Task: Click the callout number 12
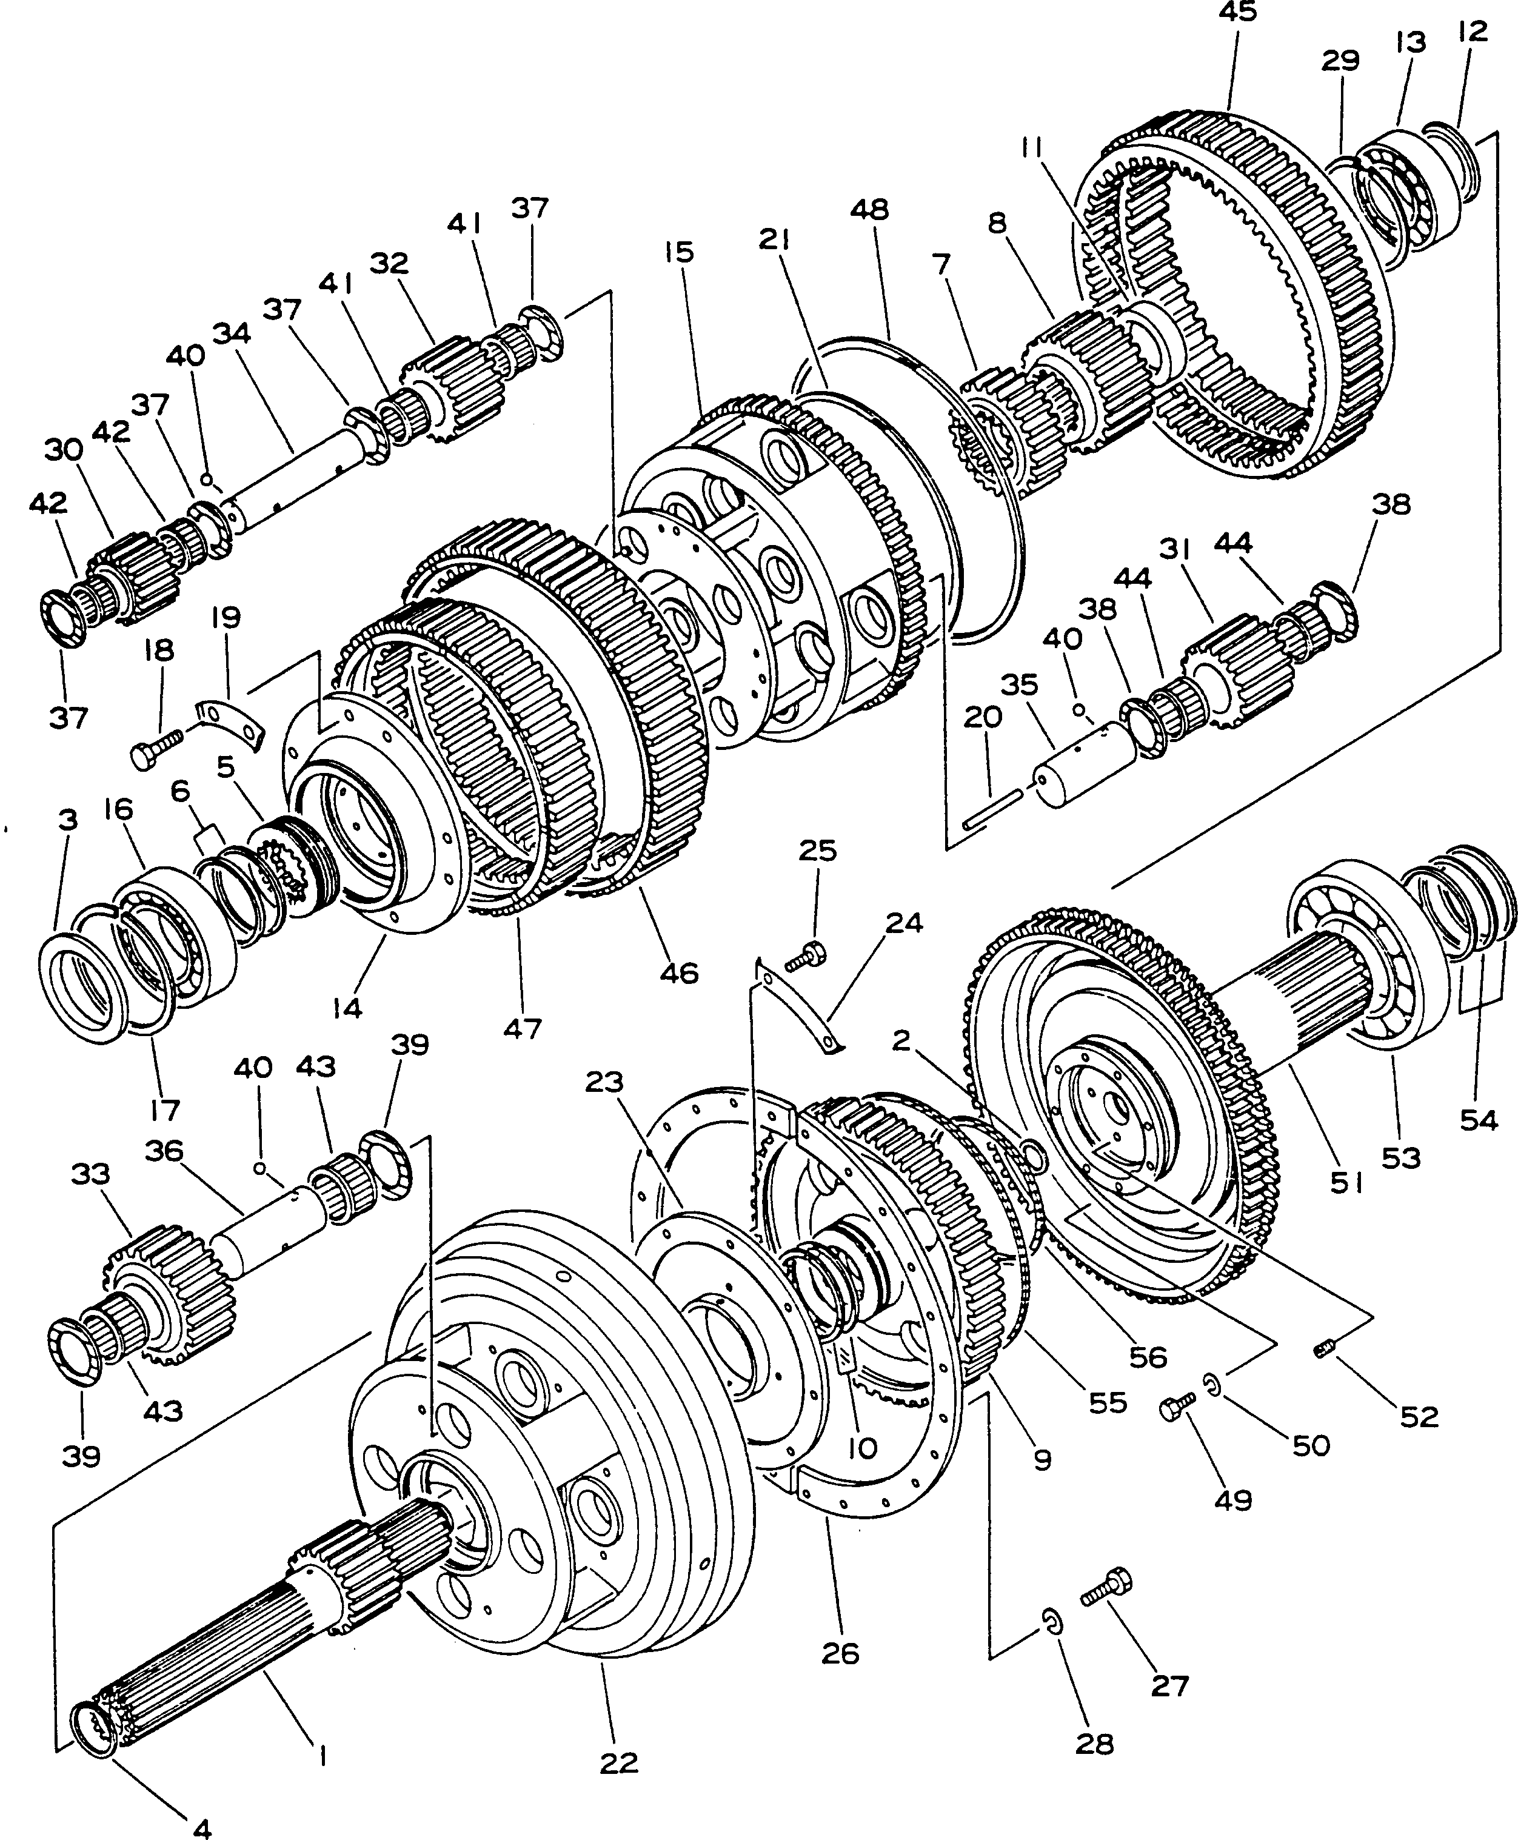click(x=1473, y=32)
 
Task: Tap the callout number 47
click(x=521, y=1028)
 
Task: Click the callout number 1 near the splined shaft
click(x=322, y=1755)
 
